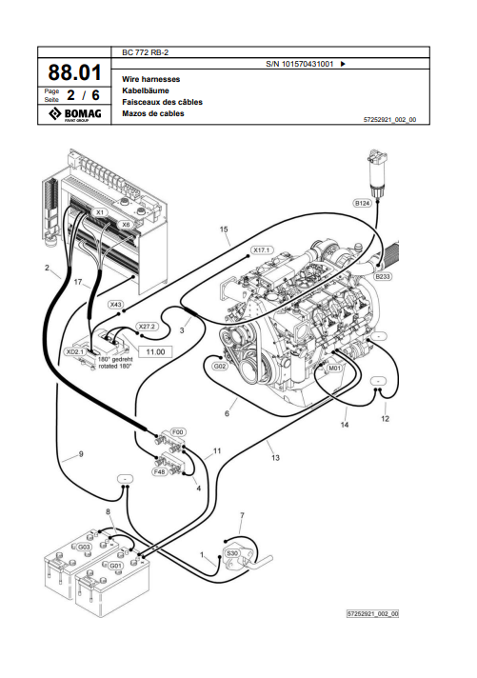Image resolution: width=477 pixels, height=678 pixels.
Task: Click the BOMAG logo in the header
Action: (74, 114)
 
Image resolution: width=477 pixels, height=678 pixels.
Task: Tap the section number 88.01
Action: (74, 72)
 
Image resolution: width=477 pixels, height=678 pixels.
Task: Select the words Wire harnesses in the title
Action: (151, 79)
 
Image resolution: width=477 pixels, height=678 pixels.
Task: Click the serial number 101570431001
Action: (308, 64)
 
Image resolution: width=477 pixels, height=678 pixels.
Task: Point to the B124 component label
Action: (363, 203)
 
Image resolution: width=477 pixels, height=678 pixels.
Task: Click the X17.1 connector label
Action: (261, 250)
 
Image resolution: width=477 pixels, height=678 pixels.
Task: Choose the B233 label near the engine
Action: (383, 276)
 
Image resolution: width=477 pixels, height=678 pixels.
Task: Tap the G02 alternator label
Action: (219, 367)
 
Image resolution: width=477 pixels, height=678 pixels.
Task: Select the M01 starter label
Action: (334, 368)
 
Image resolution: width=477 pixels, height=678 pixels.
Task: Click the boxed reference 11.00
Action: (155, 352)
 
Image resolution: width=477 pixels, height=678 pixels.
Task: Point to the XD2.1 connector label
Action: (74, 351)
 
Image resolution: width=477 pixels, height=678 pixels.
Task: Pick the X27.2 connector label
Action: (147, 326)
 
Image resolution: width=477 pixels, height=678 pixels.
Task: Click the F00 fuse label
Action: (178, 431)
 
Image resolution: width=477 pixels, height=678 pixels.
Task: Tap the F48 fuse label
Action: (160, 471)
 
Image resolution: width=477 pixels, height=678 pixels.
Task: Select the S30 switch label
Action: (232, 553)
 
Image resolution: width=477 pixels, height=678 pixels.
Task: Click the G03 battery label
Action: (84, 547)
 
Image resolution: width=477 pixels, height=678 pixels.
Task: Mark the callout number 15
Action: (224, 229)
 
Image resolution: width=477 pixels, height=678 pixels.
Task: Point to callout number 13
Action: (275, 457)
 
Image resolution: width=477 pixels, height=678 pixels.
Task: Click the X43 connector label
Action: (115, 305)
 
